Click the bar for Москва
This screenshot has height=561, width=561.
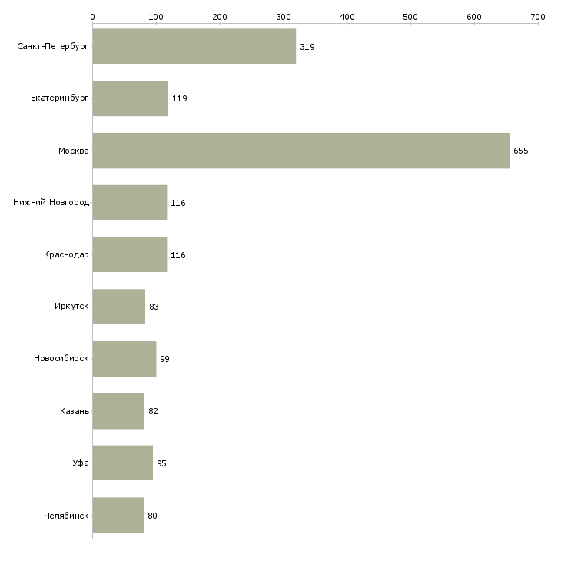click(300, 151)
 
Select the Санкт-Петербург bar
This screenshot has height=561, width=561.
click(194, 47)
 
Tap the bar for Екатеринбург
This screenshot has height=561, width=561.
click(130, 98)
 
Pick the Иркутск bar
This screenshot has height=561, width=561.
click(118, 307)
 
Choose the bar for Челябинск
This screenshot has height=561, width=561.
click(118, 515)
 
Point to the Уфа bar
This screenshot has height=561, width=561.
click(122, 463)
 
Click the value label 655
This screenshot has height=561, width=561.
click(521, 151)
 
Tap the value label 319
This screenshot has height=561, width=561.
click(307, 47)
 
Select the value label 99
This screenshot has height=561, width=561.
click(164, 359)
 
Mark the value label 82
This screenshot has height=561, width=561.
click(153, 411)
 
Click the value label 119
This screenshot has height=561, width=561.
click(180, 98)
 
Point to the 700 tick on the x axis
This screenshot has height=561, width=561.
click(538, 16)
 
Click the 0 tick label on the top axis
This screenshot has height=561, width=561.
click(92, 16)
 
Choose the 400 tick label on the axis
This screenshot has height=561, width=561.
click(347, 16)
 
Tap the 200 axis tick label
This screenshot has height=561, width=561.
click(220, 16)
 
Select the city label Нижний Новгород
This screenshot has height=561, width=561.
click(51, 203)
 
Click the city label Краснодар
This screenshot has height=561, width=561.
click(66, 255)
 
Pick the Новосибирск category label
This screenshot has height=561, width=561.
click(61, 359)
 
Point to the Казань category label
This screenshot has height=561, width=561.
click(75, 411)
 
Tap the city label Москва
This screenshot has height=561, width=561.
click(74, 151)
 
